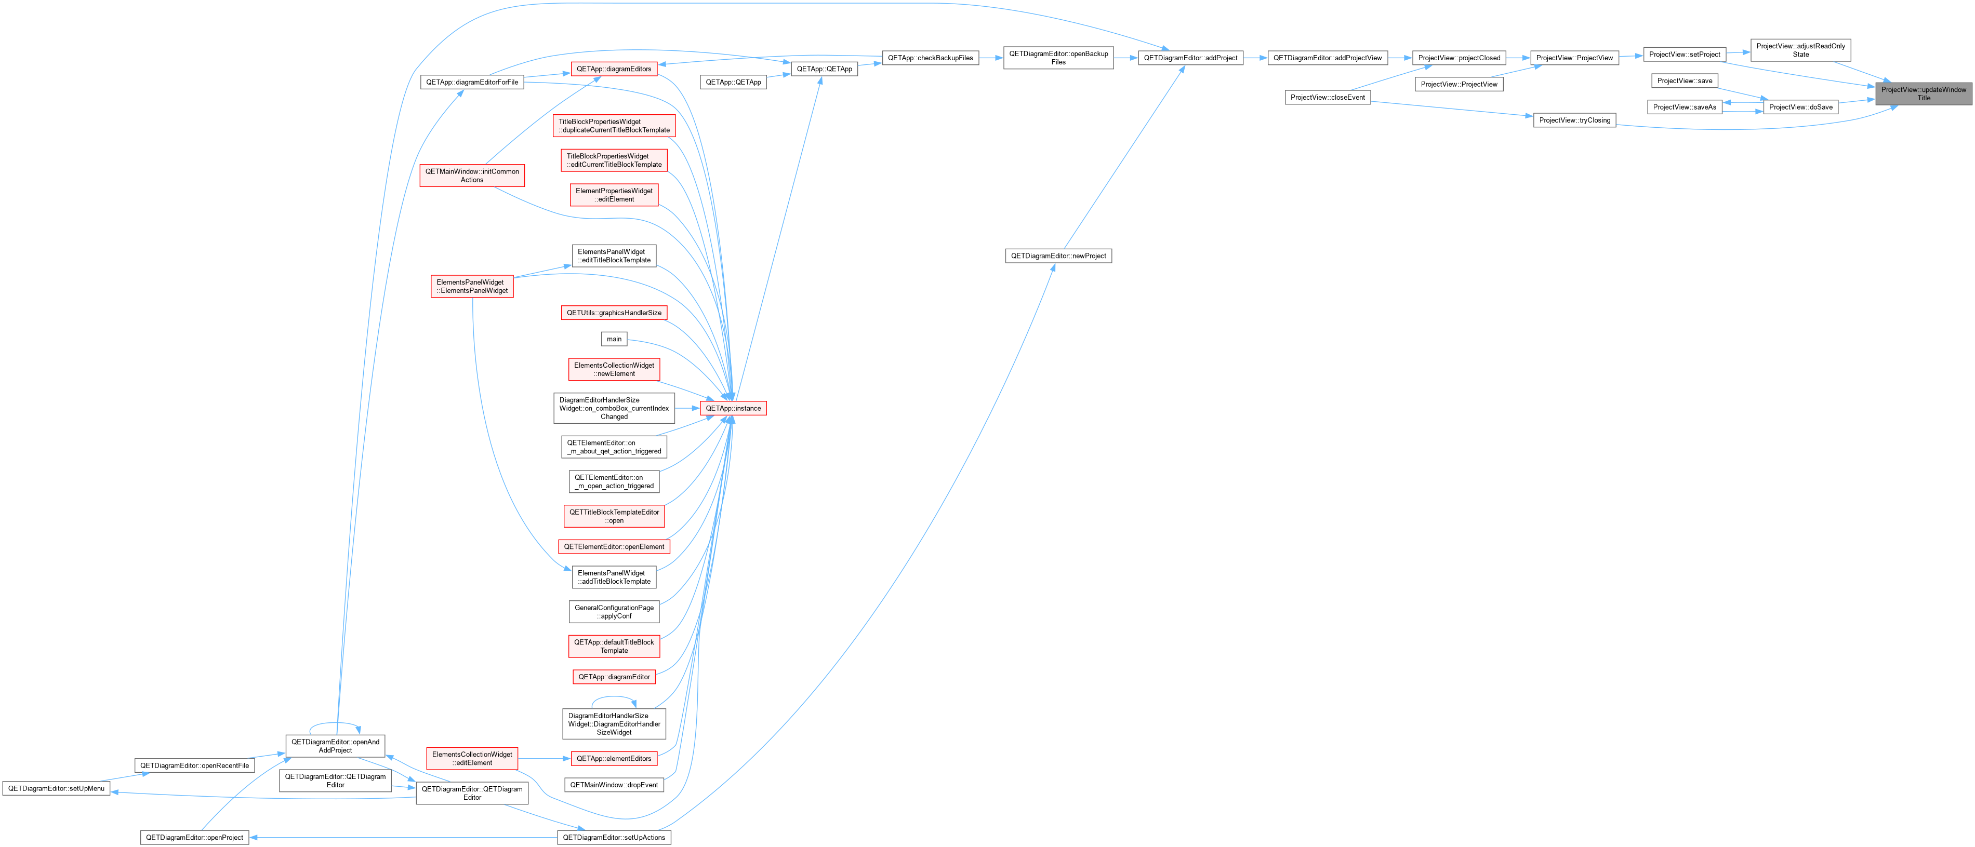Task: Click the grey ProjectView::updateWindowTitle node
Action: click(x=1923, y=93)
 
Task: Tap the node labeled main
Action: click(x=614, y=339)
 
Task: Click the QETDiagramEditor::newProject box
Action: click(x=1058, y=256)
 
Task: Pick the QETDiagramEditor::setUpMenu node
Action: click(x=56, y=788)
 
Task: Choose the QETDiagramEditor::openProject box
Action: click(x=195, y=837)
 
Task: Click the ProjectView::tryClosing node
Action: click(x=1575, y=120)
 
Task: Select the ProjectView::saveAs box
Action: click(x=1685, y=107)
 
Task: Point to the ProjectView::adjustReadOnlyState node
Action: click(x=1800, y=50)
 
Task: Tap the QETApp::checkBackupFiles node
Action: click(x=930, y=58)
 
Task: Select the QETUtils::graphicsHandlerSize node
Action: click(x=614, y=313)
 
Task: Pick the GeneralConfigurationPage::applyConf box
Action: click(x=614, y=612)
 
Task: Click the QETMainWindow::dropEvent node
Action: click(x=614, y=785)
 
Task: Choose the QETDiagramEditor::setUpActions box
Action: click(x=614, y=837)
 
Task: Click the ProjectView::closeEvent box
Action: click(x=1327, y=97)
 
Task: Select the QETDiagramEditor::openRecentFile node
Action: click(x=195, y=765)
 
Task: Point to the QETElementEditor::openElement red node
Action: click(x=614, y=546)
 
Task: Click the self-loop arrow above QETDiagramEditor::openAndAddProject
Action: click(x=335, y=723)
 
